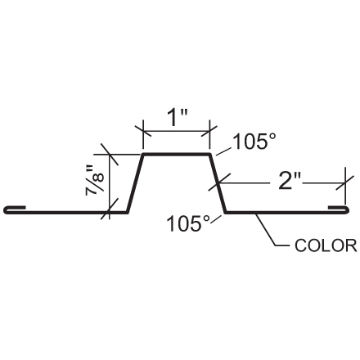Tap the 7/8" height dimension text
pos(96,182)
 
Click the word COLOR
pos(325,245)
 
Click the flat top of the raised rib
pos(178,154)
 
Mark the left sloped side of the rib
pos(136,183)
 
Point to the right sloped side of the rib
pos(218,183)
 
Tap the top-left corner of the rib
pos(144,154)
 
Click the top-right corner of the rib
pos(211,154)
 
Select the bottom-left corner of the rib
pos(128,213)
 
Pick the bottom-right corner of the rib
pos(227,213)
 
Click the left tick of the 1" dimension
pos(144,130)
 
